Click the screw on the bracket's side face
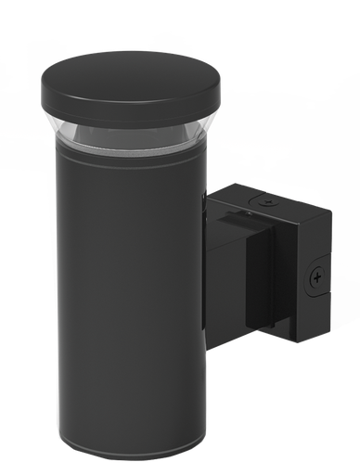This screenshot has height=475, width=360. [x=317, y=275]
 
